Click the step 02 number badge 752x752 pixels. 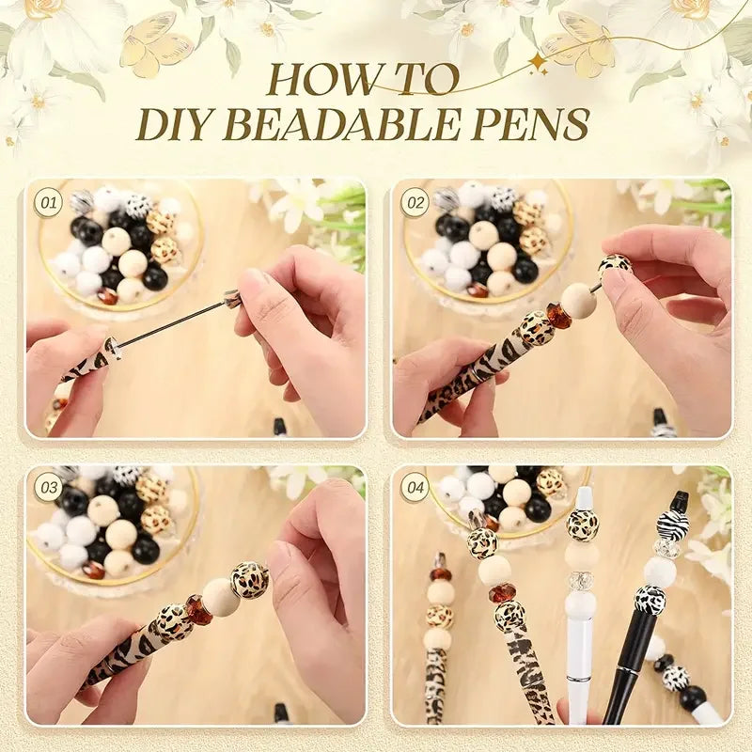[x=414, y=202]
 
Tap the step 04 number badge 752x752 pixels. [x=414, y=487]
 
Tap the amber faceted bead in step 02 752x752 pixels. [x=559, y=315]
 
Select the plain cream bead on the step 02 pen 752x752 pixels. [x=578, y=300]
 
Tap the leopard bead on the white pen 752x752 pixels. [x=583, y=525]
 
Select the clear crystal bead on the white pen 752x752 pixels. [x=581, y=581]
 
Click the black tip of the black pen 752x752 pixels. [x=679, y=501]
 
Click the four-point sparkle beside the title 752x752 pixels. [x=539, y=63]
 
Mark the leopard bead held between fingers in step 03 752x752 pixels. [x=250, y=580]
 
